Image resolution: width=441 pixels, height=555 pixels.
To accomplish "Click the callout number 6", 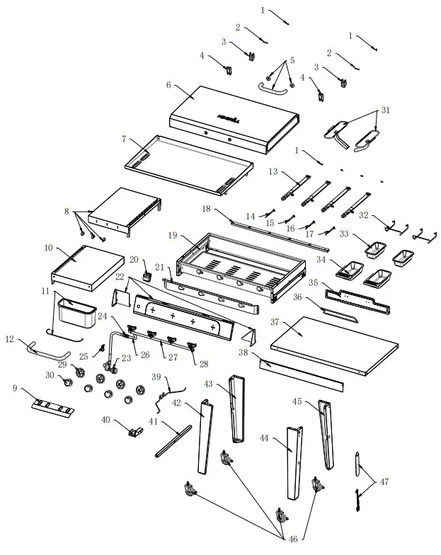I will point(168,84).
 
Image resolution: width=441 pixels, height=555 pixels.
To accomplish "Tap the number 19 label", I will point(173,235).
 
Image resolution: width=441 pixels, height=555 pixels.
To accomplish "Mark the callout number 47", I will point(384,481).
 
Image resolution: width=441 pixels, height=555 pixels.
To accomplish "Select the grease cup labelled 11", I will point(77,312).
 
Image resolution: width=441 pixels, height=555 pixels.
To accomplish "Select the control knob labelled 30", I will point(69,382).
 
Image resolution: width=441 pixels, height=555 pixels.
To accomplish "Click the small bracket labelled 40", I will point(132,430).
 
